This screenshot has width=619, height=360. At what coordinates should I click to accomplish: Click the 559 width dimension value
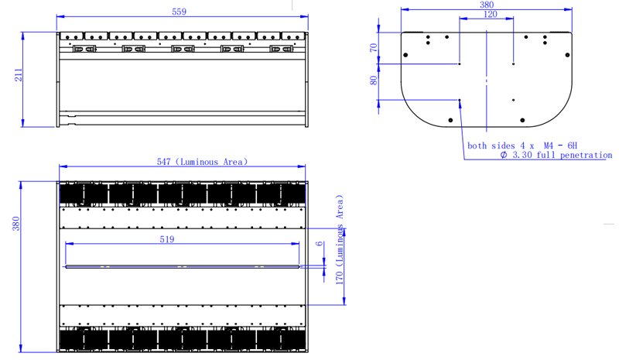179,12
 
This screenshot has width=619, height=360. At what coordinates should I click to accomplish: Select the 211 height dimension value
19,75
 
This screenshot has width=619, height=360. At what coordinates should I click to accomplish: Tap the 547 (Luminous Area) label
202,162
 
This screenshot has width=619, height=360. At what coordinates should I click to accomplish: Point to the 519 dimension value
167,239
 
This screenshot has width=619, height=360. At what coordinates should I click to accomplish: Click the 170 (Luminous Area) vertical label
340,239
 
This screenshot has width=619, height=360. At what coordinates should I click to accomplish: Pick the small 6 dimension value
320,243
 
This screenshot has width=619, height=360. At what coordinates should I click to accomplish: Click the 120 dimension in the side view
490,14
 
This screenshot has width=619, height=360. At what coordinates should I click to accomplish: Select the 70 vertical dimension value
374,48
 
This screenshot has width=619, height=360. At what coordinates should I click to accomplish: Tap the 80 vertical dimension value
374,81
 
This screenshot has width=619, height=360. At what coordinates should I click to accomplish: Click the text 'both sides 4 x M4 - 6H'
522,146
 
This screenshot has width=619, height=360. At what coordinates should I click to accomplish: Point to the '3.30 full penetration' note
562,155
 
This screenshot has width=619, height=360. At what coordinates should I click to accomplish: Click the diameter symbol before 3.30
504,155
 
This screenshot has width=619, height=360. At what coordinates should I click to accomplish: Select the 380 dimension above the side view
487,5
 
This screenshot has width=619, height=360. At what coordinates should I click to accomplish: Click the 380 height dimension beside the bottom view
15,224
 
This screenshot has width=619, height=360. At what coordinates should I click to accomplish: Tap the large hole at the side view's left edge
405,55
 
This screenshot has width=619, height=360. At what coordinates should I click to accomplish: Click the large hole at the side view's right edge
567,55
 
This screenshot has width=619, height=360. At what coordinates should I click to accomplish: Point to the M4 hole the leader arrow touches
460,100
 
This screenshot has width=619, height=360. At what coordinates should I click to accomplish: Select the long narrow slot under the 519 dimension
183,267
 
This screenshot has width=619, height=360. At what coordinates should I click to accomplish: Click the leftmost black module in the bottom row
84,340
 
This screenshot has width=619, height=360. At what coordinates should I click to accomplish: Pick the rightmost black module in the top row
281,194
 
